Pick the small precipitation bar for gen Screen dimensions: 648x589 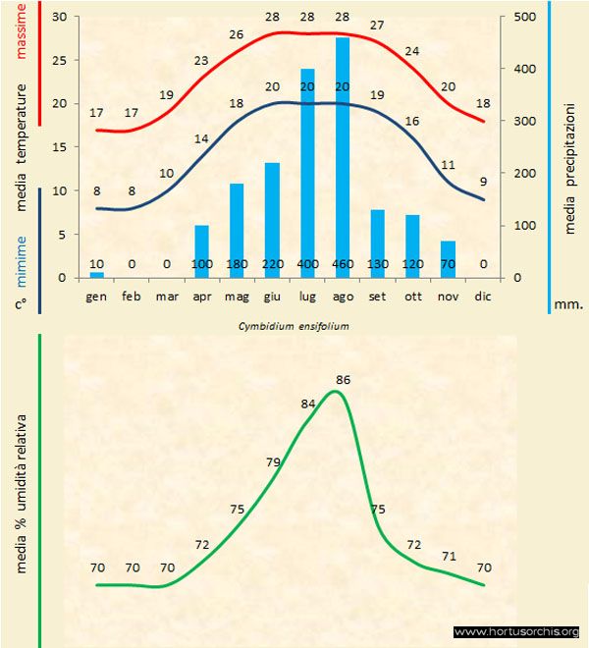click(96, 275)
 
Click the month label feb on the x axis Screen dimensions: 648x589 click(132, 296)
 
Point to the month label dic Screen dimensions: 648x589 click(482, 296)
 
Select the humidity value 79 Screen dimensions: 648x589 click(274, 462)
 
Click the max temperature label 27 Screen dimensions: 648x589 click(377, 25)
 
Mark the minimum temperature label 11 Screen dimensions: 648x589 click(449, 165)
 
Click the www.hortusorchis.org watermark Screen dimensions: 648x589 click(517, 633)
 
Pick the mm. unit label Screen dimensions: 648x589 click(569, 305)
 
